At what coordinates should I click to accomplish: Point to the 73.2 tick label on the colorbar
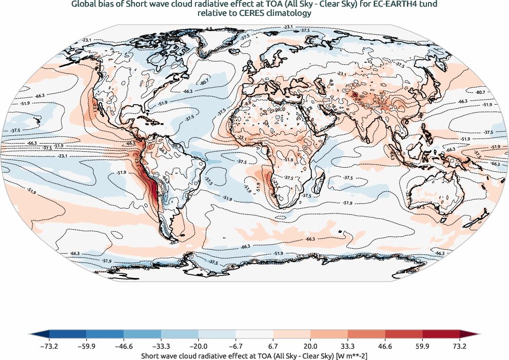459,346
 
